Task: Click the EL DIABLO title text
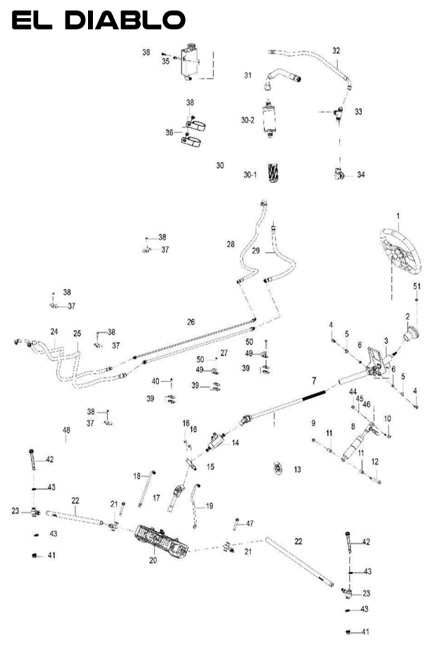pos(99,20)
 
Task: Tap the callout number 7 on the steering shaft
pos(314,381)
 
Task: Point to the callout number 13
pos(298,469)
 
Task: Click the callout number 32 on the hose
pos(336,51)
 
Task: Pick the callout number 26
pos(191,322)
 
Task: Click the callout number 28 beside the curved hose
pos(230,244)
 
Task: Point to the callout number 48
pos(66,430)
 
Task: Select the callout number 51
pos(417,286)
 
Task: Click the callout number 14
pos(235,443)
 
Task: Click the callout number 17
pos(156,497)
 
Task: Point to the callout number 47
pos(250,523)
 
